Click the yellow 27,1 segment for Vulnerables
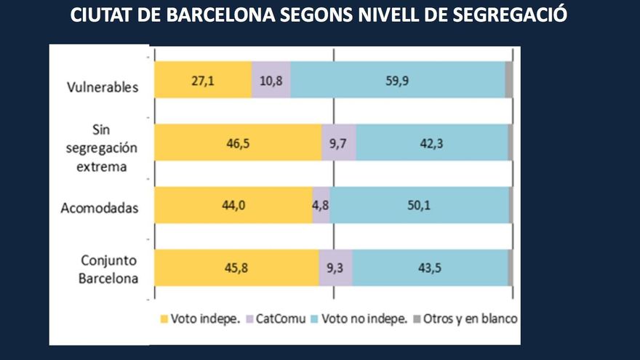(203, 80)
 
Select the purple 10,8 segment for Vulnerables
(271, 80)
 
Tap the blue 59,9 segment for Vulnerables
(397, 80)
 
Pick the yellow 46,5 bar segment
(238, 143)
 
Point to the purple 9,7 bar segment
(339, 143)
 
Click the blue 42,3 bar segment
(432, 143)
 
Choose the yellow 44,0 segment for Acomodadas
(233, 205)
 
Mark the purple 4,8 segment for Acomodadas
(321, 205)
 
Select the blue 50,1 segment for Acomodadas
(420, 205)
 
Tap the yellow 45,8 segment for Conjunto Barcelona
(236, 268)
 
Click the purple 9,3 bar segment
(336, 268)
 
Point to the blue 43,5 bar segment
(430, 268)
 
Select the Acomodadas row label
(100, 209)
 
